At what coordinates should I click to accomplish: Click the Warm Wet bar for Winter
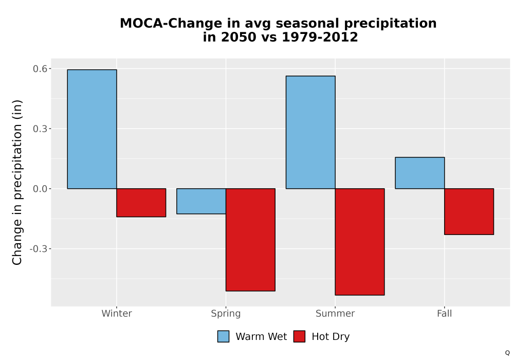[x=92, y=129]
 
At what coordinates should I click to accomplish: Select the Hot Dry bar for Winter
[x=141, y=203]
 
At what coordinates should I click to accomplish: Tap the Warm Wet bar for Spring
[x=201, y=201]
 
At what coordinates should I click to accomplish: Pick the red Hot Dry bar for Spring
[x=250, y=240]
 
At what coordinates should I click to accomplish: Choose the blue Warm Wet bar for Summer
[x=310, y=132]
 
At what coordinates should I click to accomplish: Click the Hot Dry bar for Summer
[x=360, y=242]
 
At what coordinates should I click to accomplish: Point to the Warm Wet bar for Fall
[x=420, y=173]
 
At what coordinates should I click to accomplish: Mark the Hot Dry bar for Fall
[x=469, y=211]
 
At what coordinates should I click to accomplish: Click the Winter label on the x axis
[x=117, y=313]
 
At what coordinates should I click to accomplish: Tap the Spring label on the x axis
[x=226, y=314]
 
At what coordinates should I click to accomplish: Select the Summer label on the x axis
[x=335, y=313]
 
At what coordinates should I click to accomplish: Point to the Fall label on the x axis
[x=445, y=313]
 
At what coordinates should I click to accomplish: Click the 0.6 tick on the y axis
[x=40, y=69]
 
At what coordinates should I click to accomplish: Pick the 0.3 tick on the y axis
[x=40, y=129]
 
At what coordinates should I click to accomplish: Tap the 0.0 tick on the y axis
[x=40, y=189]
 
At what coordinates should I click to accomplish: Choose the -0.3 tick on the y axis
[x=39, y=249]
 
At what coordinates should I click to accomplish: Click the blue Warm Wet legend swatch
[x=223, y=336]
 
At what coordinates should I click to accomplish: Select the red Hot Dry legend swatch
[x=299, y=336]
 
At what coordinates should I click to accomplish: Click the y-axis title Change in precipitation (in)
[x=17, y=182]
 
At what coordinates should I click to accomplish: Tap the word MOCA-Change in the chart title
[x=171, y=24]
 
